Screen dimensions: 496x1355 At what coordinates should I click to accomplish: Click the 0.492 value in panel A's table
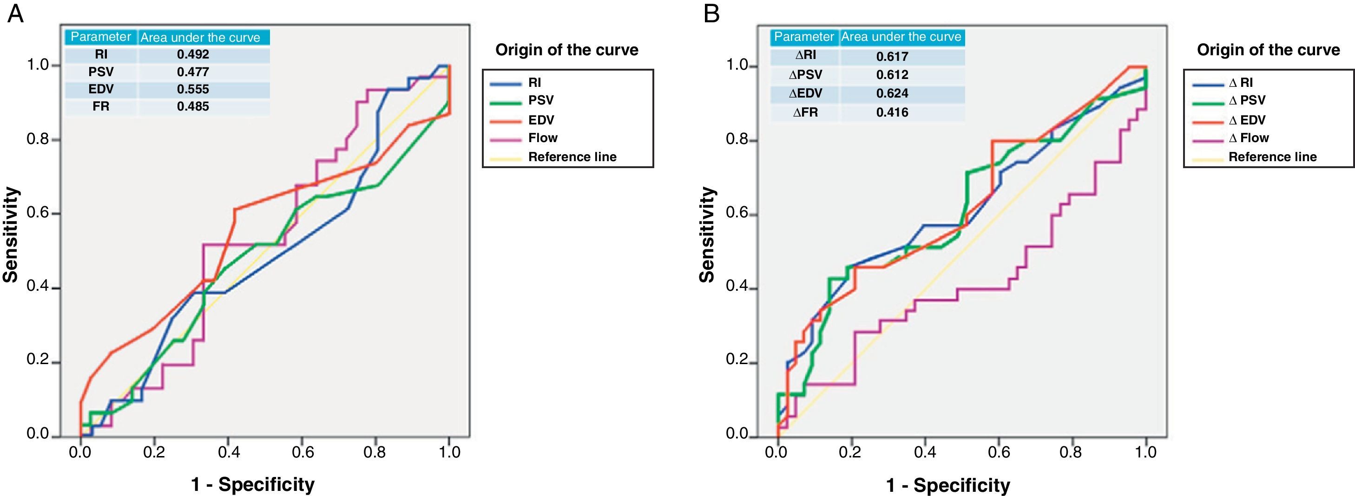pos(193,54)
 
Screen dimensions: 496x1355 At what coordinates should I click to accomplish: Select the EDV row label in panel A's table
pos(101,89)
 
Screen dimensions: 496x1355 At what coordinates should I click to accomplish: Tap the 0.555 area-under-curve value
pos(193,89)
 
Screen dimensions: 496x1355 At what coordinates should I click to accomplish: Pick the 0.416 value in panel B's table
pos(892,112)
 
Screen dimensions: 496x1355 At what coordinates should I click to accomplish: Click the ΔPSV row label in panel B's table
pos(805,75)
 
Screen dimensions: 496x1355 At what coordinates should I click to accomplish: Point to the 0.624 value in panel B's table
pos(892,93)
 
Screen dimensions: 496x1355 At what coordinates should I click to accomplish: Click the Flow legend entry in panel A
pos(543,138)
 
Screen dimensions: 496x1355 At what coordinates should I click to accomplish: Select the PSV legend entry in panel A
pos(541,100)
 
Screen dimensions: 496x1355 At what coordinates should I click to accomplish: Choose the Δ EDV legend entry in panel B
pos(1247,120)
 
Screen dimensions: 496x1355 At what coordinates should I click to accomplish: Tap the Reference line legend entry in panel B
pos(1272,157)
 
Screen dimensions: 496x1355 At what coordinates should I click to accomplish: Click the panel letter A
pos(15,14)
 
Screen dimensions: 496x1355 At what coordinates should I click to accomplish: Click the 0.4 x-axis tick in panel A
pos(228,452)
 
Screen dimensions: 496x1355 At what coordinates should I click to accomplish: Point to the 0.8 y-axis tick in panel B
pos(738,140)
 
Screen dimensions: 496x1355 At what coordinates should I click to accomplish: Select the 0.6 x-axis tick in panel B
pos(999,452)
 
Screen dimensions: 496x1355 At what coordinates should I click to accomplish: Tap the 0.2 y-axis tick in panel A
pos(39,360)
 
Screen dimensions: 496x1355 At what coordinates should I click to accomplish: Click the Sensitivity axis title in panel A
pos(11,235)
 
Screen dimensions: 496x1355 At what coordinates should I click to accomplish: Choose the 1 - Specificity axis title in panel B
pos(948,485)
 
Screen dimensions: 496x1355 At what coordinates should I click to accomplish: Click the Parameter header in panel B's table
pos(804,37)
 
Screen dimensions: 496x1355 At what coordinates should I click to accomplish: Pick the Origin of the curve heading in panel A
pos(566,50)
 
